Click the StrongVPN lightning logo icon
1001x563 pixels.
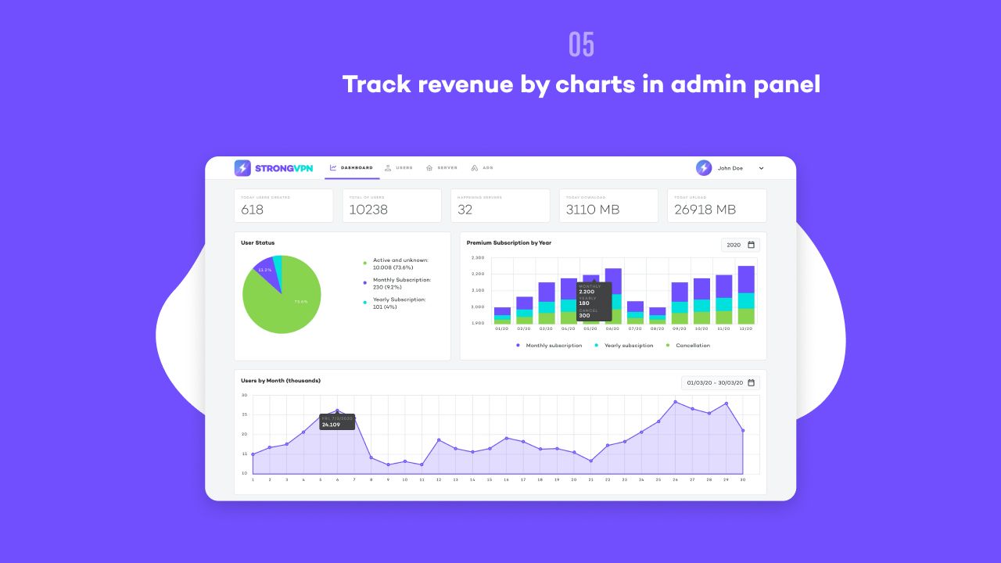[x=242, y=168]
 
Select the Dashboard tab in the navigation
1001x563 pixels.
[x=351, y=168]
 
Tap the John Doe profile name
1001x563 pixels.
[x=730, y=168]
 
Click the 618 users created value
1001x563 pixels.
[x=253, y=210]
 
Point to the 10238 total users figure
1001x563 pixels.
[x=368, y=210]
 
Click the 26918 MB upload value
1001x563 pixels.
[x=705, y=210]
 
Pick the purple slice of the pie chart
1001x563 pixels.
[x=265, y=269]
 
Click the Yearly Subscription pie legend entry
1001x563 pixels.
[x=399, y=303]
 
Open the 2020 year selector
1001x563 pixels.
[x=740, y=245]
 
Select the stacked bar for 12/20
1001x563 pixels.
[x=746, y=295]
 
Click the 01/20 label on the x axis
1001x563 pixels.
[x=502, y=329]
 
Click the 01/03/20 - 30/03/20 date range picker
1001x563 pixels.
[x=720, y=383]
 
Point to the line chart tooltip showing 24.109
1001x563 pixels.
[x=337, y=421]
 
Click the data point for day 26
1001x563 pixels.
[x=675, y=402]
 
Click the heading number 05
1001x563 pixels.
[x=582, y=45]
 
